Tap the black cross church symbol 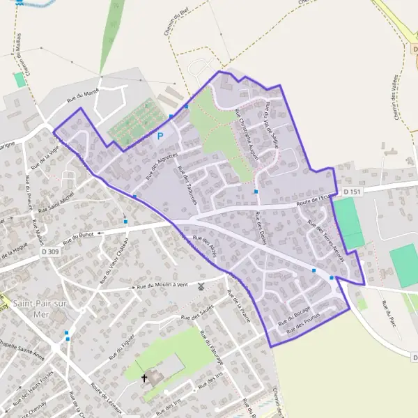(145, 378)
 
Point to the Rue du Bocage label (294, 316)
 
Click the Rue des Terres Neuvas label (325, 236)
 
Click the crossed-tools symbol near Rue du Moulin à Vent (201, 286)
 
